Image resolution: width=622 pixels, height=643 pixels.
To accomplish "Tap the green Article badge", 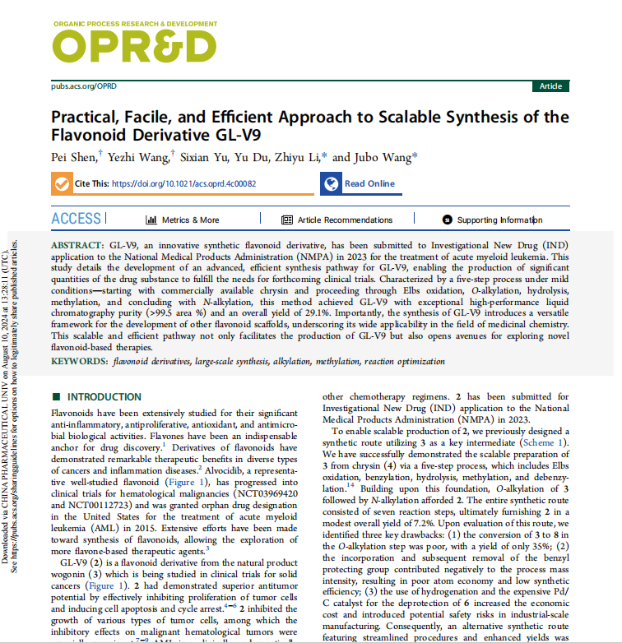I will tap(550, 86).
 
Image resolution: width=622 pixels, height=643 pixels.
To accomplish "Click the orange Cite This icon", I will tap(61, 184).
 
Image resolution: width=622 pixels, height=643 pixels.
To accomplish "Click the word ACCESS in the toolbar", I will tap(77, 219).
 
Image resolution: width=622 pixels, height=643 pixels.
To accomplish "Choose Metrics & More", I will tap(183, 220).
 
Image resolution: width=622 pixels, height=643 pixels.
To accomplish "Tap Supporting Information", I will tap(492, 220).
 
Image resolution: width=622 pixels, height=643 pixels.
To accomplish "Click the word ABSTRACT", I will tap(77, 246).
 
